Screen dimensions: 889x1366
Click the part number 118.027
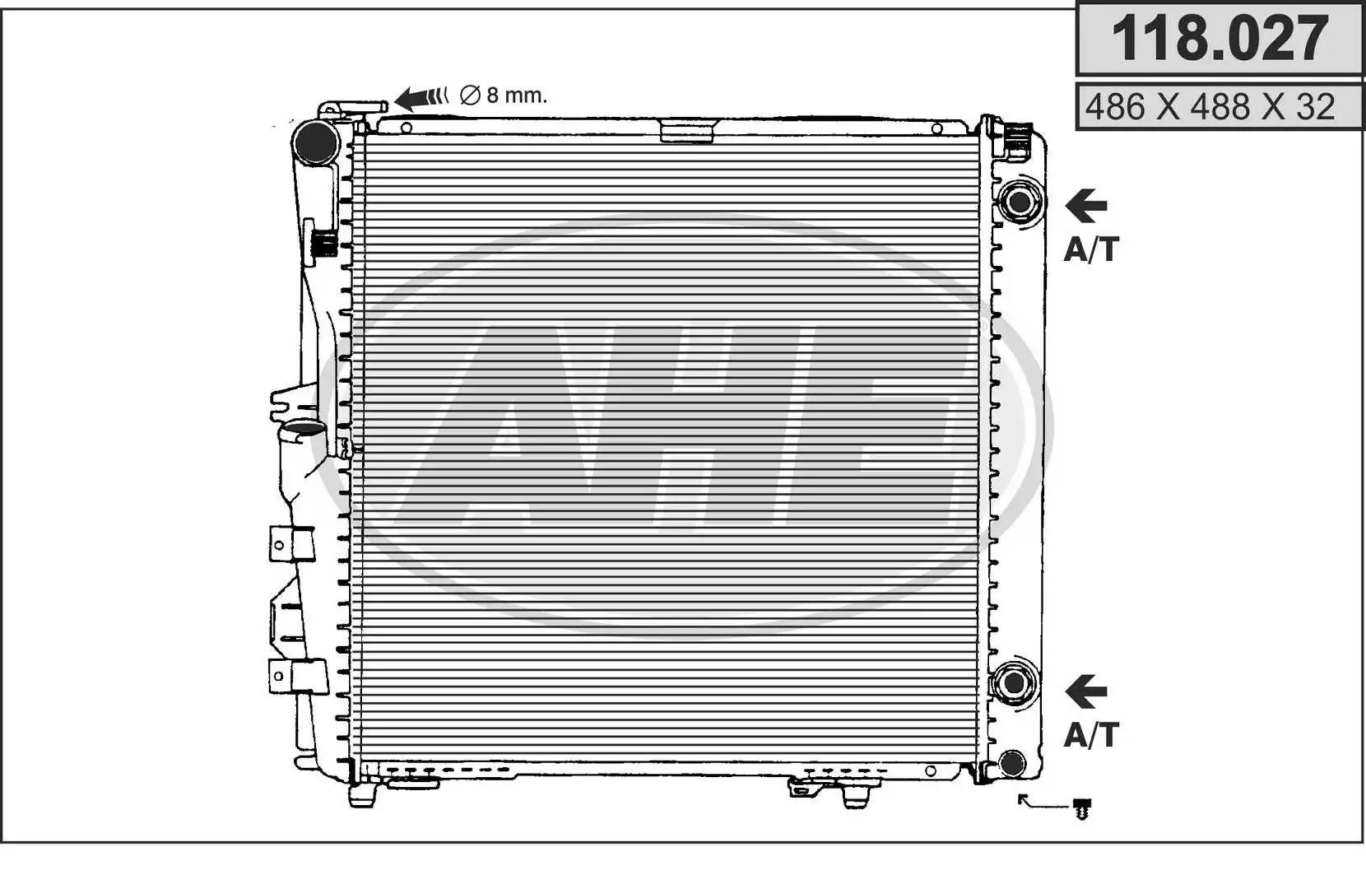(x=1219, y=39)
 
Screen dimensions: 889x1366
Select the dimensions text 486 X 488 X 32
(x=1210, y=107)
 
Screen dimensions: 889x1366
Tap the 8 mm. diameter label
(x=504, y=95)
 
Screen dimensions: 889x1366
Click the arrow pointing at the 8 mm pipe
(x=420, y=97)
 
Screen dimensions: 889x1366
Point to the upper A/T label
(x=1091, y=249)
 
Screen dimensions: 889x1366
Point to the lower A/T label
(x=1091, y=734)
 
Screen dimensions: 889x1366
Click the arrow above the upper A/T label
(x=1086, y=206)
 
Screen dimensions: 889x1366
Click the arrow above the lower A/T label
(x=1086, y=692)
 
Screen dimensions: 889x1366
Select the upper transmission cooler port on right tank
(x=1019, y=202)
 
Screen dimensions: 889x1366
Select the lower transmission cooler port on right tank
(x=1014, y=682)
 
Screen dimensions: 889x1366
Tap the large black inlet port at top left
(x=316, y=142)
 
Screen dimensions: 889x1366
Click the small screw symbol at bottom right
(x=1082, y=809)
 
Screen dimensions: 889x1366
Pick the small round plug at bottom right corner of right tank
(x=1012, y=763)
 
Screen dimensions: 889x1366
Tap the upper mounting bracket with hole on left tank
(x=290, y=544)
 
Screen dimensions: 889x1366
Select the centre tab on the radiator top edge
(x=687, y=130)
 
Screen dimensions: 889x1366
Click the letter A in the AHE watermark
(x=502, y=428)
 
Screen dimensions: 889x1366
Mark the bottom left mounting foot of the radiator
(x=363, y=794)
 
